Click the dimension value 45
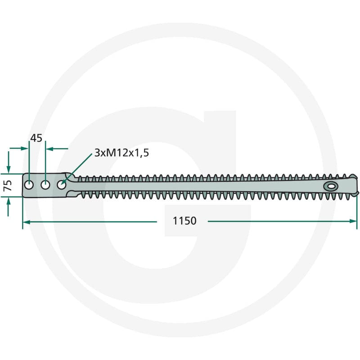(36, 138)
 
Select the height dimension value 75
(8, 185)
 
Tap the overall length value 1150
(184, 221)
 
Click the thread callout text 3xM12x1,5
(121, 153)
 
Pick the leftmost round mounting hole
(29, 185)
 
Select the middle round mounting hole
(45, 185)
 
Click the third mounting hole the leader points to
(61, 185)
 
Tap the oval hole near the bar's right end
(331, 186)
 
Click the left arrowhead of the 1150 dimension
(27, 222)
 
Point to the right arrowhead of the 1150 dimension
(353, 221)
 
